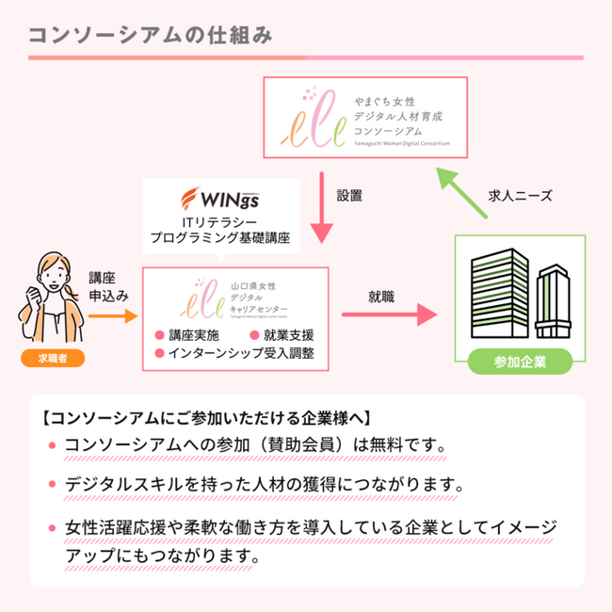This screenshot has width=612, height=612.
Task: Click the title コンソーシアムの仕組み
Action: (x=151, y=35)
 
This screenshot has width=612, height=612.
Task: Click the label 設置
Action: (x=350, y=196)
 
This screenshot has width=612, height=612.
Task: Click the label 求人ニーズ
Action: (x=520, y=197)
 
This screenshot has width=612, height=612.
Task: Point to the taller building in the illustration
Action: (x=496, y=294)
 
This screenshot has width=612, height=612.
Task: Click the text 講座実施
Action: (x=194, y=336)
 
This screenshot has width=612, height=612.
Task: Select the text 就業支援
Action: (x=289, y=336)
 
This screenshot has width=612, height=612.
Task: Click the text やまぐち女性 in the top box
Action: (x=387, y=96)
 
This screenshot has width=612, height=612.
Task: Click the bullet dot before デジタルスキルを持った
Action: (x=52, y=485)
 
